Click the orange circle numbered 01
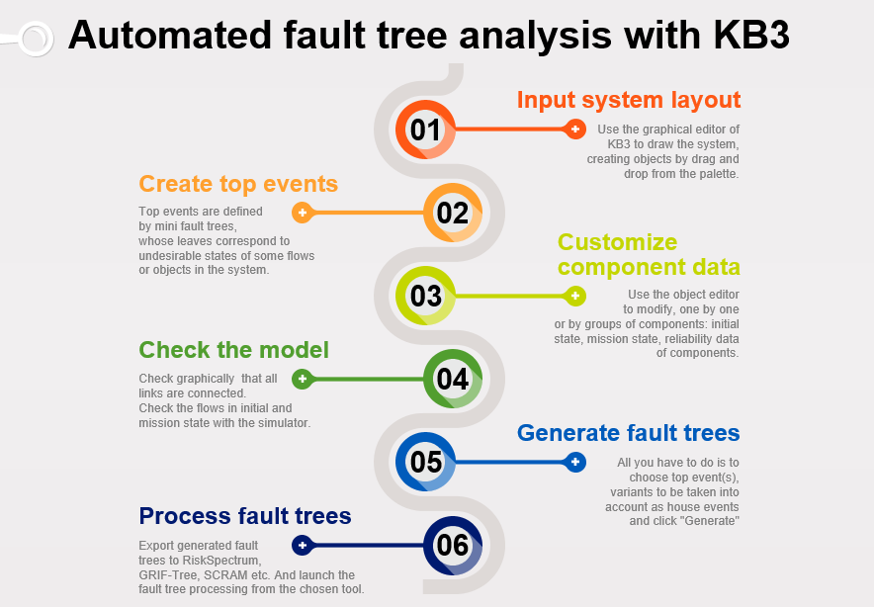point(425,130)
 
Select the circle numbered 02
point(453,213)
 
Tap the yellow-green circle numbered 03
point(425,296)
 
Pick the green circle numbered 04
point(453,379)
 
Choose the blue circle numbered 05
point(425,462)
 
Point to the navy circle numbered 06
point(453,545)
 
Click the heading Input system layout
point(628,100)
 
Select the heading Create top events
point(238,184)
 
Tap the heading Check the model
point(233,350)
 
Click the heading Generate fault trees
point(628,433)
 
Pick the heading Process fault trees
point(244,516)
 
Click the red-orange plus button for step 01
point(574,130)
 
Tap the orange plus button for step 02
point(303,213)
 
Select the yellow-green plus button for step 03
point(574,296)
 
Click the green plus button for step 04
point(303,379)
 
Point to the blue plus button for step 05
point(574,462)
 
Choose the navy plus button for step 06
point(303,545)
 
